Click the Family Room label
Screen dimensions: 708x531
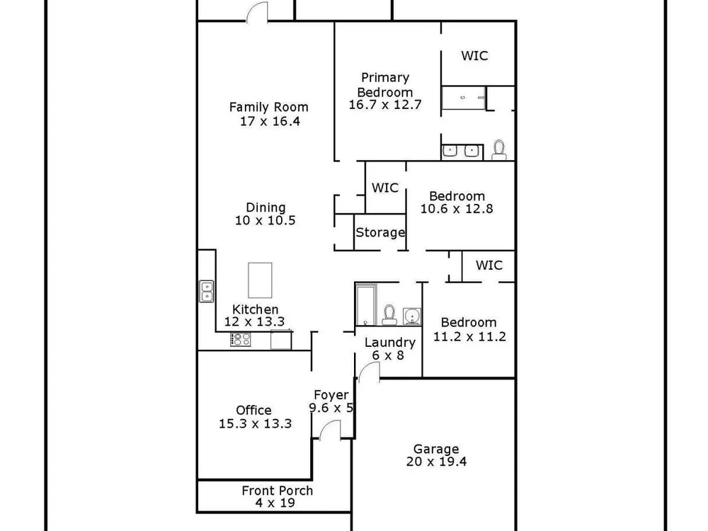tap(268, 108)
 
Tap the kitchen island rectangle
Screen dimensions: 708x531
tap(260, 280)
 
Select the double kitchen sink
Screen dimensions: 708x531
tap(206, 291)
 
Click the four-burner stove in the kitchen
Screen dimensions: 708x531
tap(240, 339)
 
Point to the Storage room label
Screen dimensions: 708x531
tap(380, 232)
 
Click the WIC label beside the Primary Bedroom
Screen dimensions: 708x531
tap(474, 55)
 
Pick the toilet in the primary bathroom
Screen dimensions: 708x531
tap(499, 150)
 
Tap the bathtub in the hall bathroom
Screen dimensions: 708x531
tap(366, 304)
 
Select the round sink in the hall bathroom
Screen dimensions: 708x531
tap(412, 316)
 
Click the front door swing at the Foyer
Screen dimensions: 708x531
tap(330, 429)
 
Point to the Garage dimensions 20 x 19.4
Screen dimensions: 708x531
tap(436, 462)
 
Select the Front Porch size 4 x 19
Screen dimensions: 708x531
tap(275, 503)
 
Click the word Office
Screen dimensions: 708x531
tap(253, 410)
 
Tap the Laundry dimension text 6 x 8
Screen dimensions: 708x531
tap(388, 355)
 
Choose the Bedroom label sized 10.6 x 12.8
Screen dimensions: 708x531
tap(457, 196)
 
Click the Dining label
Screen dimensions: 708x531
tap(265, 207)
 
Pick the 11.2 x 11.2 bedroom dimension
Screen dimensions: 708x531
tap(469, 336)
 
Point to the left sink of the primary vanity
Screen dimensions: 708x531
tap(450, 152)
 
